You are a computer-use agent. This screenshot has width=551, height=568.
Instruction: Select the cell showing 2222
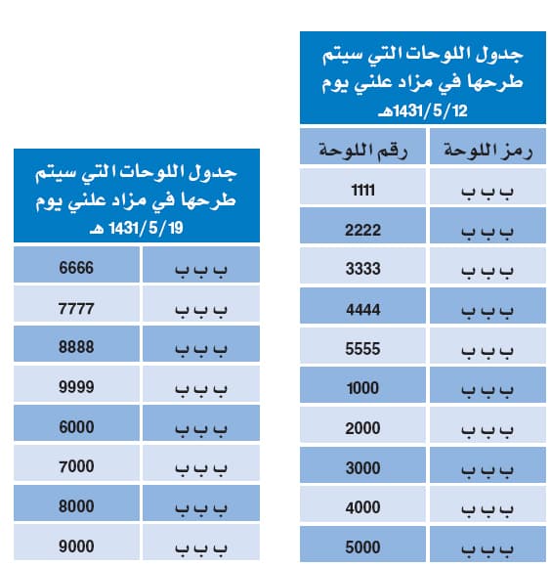[362, 230]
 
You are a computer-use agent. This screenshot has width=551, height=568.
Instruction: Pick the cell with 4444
[362, 309]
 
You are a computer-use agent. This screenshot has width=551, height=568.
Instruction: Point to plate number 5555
[362, 349]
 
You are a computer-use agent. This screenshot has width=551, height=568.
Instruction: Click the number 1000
[362, 388]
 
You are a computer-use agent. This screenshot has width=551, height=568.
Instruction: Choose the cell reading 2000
[362, 428]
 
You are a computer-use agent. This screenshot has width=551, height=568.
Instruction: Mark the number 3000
[362, 468]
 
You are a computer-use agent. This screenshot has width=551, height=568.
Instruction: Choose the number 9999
[76, 386]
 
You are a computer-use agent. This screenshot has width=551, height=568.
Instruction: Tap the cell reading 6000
[76, 426]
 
